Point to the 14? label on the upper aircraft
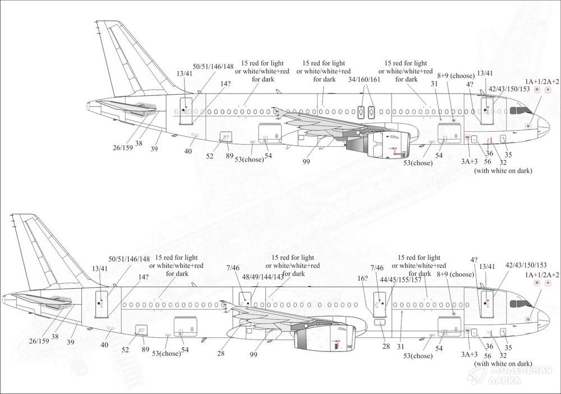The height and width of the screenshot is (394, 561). click(x=225, y=84)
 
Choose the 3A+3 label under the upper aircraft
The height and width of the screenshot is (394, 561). click(x=469, y=161)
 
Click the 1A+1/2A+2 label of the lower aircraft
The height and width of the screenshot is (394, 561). click(x=542, y=275)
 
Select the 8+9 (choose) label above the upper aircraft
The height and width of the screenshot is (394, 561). click(x=456, y=76)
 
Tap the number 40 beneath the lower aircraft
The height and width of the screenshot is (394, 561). click(x=104, y=345)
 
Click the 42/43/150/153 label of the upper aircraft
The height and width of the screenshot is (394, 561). click(x=509, y=89)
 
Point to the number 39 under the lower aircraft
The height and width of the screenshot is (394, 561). click(x=71, y=341)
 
